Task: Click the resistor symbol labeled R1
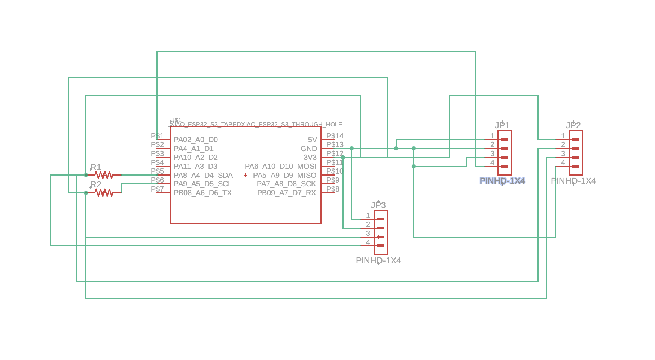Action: tap(104, 175)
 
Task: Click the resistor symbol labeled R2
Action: tap(104, 193)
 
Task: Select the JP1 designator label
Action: tap(502, 125)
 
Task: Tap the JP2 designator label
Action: tap(573, 125)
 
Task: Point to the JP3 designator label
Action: tap(378, 205)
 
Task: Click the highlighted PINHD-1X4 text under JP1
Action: tap(502, 181)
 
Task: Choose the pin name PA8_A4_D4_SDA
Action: tap(203, 175)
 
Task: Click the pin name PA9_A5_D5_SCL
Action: tap(202, 184)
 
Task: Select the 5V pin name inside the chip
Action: tap(312, 140)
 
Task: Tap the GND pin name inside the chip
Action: tap(308, 149)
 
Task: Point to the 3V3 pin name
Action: tap(310, 157)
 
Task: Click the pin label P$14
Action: tap(335, 136)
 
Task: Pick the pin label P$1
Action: tap(157, 136)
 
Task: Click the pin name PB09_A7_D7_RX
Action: tap(286, 193)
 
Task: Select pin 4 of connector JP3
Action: tap(380, 245)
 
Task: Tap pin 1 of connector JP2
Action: tap(575, 140)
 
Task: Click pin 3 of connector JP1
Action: tap(504, 157)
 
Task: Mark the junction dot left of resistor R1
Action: tap(86, 175)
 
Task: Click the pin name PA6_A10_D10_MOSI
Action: tap(280, 166)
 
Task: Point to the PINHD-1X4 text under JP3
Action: tap(378, 260)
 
